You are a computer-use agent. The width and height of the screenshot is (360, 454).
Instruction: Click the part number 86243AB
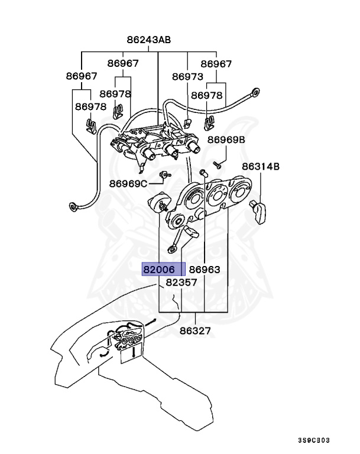click(148, 40)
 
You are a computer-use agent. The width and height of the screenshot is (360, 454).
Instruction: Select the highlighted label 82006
click(158, 270)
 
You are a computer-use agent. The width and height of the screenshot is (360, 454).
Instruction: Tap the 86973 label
click(188, 77)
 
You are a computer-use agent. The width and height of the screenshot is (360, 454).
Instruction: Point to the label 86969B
click(226, 140)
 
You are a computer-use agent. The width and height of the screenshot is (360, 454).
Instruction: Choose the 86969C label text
click(128, 183)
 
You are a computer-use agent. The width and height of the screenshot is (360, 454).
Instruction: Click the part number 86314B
click(260, 167)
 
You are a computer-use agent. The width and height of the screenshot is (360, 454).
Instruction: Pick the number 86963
click(205, 270)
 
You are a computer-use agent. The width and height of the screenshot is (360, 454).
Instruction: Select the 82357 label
click(181, 283)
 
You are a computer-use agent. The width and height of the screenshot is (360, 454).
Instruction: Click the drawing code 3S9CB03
click(313, 440)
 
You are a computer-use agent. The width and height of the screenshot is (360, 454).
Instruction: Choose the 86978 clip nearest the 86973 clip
click(208, 123)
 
